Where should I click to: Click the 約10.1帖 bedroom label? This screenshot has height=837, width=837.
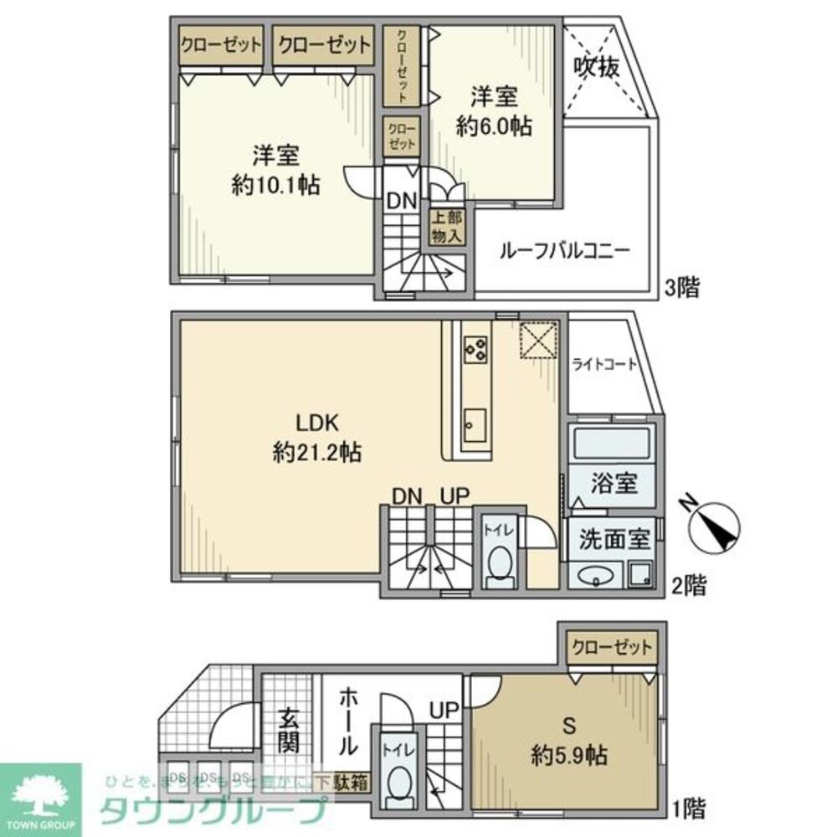click(275, 170)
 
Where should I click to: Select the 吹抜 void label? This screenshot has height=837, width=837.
click(597, 68)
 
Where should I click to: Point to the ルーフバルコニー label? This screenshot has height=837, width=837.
click(564, 250)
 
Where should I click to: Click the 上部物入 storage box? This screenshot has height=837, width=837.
click(446, 225)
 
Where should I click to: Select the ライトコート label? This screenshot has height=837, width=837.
click(604, 365)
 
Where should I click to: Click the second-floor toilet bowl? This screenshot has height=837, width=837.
click(500, 563)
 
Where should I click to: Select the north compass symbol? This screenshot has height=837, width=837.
click(712, 525)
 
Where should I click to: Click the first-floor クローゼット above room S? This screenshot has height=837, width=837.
click(610, 646)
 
